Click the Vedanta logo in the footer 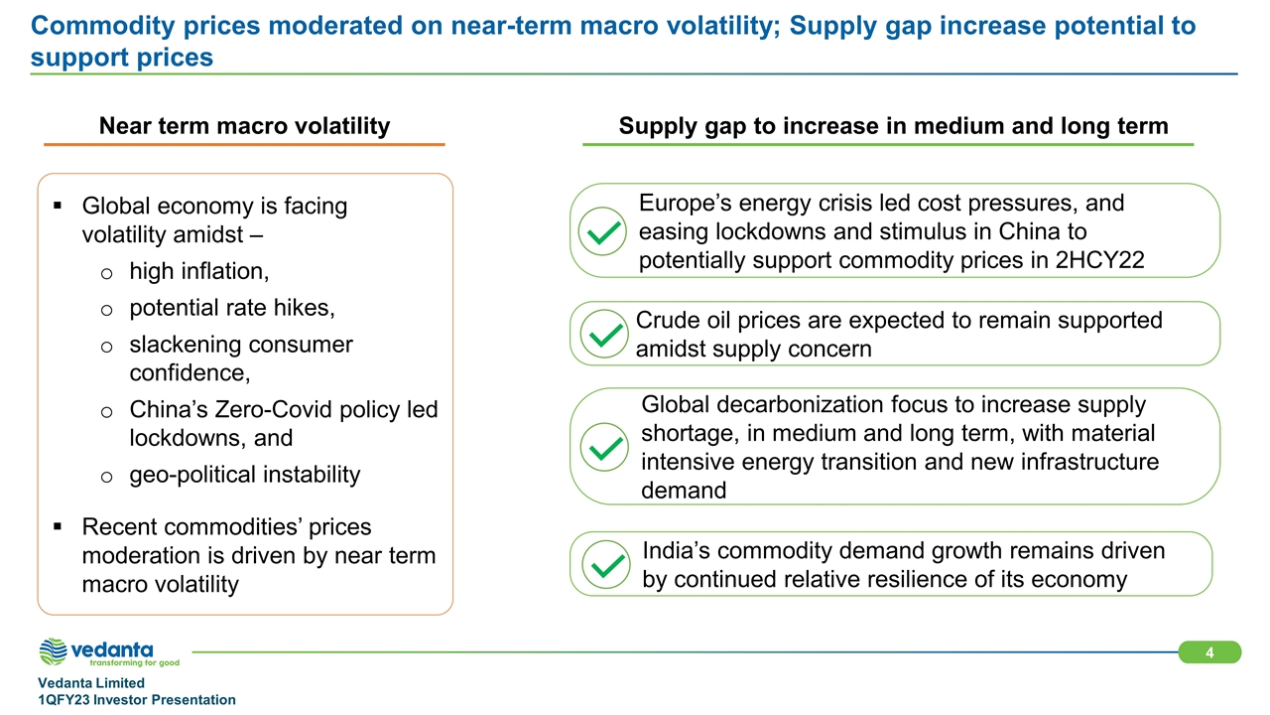(109, 652)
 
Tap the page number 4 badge (1209, 652)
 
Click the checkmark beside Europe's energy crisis (602, 231)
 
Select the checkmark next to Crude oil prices (604, 334)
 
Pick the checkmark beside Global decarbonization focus (604, 447)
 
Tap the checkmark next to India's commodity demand (606, 565)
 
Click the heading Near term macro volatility (244, 126)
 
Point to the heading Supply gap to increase (894, 126)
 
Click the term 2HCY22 (1100, 260)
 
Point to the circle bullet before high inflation (106, 274)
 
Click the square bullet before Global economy (58, 205)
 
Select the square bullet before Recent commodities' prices (58, 526)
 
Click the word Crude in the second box (668, 321)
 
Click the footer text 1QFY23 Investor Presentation (137, 700)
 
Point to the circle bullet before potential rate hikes (106, 311)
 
